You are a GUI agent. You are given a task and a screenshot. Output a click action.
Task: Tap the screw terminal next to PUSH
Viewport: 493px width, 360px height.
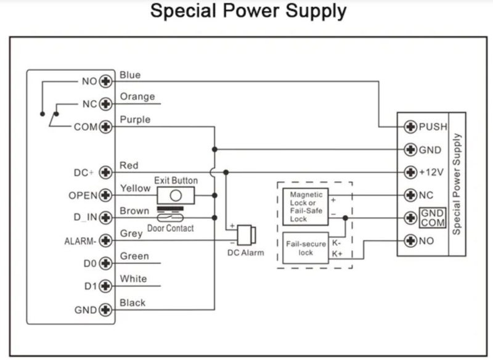(410, 127)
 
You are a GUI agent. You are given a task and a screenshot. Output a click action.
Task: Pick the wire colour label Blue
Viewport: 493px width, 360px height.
(130, 75)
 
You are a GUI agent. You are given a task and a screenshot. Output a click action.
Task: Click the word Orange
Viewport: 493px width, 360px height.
(137, 97)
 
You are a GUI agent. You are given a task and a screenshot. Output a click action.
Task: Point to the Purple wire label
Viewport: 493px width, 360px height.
(135, 120)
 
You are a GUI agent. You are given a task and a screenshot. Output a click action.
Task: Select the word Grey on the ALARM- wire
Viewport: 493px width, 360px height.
(132, 234)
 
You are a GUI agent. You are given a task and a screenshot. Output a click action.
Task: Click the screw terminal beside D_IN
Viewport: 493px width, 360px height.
(105, 218)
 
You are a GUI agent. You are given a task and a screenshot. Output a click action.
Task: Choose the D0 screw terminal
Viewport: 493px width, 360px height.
(105, 263)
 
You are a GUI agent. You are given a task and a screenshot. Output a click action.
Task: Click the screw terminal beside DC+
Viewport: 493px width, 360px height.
(105, 173)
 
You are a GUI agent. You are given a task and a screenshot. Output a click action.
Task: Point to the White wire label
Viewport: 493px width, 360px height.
(133, 279)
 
